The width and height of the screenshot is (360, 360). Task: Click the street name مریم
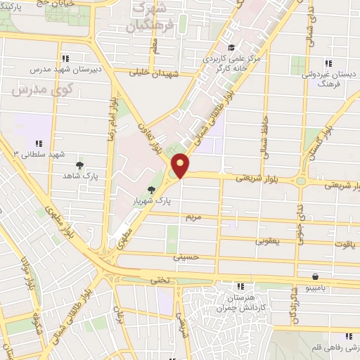point(193,219)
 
